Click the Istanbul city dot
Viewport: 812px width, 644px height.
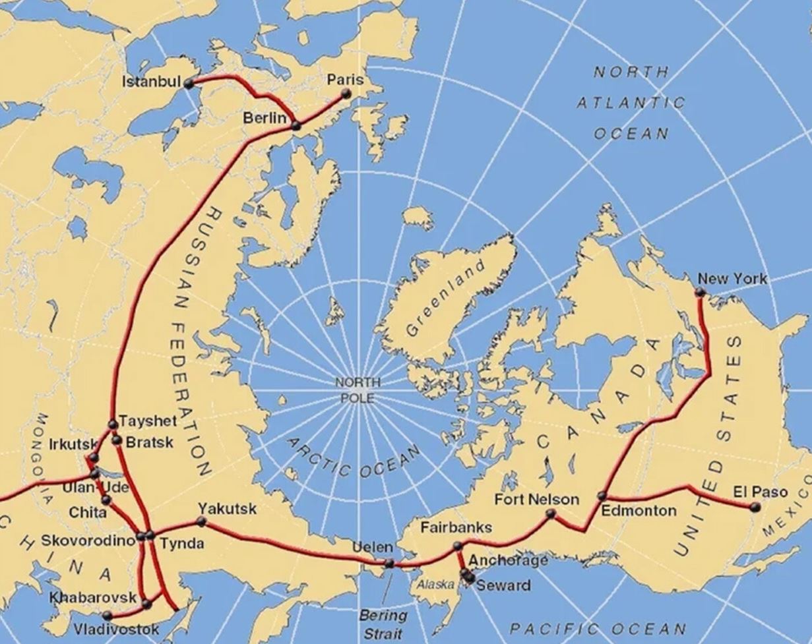(189, 84)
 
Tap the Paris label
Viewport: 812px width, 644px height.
(346, 80)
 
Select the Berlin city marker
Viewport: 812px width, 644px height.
(296, 125)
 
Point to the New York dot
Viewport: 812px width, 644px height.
(701, 292)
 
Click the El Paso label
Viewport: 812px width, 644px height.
(761, 492)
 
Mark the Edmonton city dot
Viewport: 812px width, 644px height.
(602, 496)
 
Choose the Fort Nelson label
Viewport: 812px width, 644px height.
(536, 500)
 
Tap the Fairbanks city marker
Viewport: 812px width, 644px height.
(458, 546)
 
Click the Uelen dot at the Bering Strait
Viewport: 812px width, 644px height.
(389, 564)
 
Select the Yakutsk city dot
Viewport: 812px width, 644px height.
(202, 521)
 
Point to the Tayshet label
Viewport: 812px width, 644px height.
(148, 421)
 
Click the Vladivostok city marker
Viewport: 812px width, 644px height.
(107, 616)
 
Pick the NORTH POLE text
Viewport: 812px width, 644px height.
(358, 390)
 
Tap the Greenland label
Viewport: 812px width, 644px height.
(445, 297)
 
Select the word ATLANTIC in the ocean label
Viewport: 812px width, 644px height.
(631, 103)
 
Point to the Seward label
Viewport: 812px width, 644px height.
(503, 585)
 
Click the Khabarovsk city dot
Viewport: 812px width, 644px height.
(146, 603)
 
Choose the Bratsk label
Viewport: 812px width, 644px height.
(149, 442)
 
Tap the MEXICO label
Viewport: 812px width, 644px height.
(788, 510)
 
